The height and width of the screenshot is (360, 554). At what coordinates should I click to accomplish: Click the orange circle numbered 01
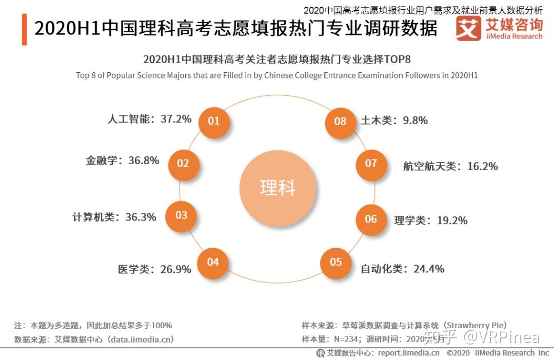(214, 122)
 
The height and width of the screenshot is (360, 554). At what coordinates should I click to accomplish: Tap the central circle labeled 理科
(278, 188)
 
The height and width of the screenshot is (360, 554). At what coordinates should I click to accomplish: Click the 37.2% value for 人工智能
(176, 118)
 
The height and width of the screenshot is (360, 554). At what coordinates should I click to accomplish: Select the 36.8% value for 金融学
(144, 161)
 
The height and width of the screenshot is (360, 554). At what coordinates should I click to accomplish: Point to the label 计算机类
(93, 217)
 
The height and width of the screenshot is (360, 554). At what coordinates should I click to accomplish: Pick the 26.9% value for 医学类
(175, 269)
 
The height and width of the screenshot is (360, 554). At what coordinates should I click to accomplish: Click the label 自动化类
(382, 269)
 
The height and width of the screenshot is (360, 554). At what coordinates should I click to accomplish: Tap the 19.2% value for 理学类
(452, 221)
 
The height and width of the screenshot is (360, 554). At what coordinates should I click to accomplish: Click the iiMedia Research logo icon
(468, 28)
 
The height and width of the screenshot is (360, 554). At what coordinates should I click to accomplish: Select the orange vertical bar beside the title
(24, 29)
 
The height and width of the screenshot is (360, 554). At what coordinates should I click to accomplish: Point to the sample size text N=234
(346, 339)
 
